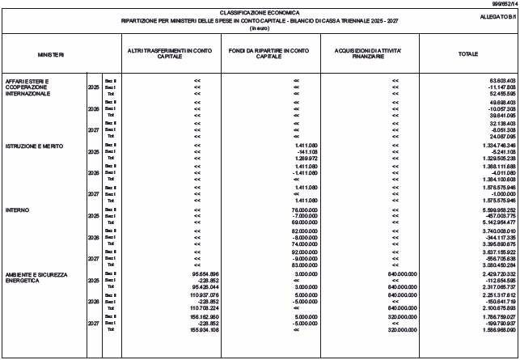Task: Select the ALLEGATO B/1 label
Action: [x=496, y=16]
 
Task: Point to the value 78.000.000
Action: [x=302, y=210]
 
